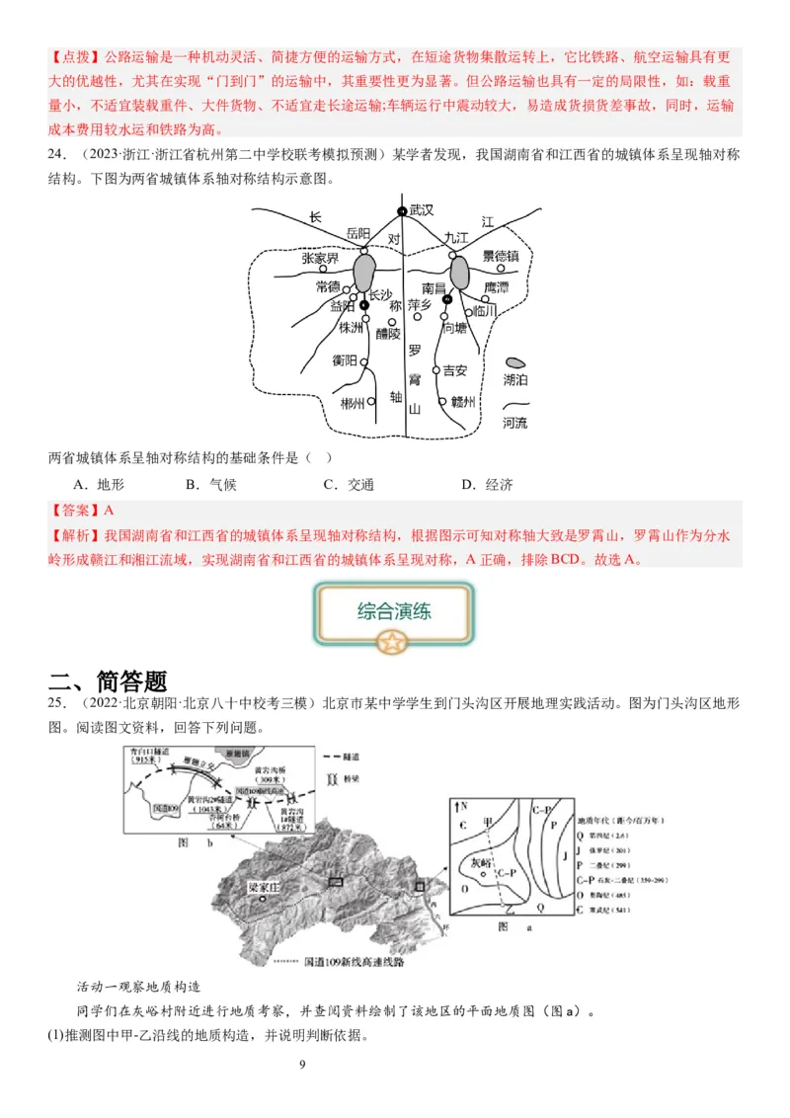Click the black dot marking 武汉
click(402, 211)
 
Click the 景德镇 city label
click(508, 256)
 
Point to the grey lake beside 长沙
click(364, 270)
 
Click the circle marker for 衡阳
click(364, 362)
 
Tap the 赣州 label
click(464, 402)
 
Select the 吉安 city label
click(454, 370)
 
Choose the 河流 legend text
click(515, 423)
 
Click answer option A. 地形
click(99, 484)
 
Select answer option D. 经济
click(487, 484)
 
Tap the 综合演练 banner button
click(394, 610)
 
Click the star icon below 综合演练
click(394, 644)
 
